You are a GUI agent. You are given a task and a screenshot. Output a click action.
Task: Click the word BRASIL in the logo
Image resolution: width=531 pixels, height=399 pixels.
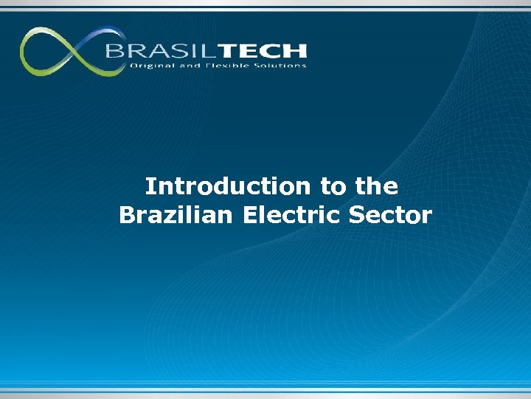click(152, 51)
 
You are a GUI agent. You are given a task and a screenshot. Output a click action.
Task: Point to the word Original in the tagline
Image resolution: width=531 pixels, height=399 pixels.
click(149, 66)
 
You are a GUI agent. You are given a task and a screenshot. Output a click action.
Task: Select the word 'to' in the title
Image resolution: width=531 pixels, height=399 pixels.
click(332, 186)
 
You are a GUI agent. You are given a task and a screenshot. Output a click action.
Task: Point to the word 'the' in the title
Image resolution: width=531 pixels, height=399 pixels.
click(375, 185)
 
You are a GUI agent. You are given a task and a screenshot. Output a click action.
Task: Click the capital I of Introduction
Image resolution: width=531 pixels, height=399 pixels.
click(148, 185)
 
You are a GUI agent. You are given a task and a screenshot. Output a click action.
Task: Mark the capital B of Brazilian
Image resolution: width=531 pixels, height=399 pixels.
click(126, 215)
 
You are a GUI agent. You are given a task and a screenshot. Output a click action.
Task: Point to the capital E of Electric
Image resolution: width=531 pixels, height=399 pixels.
click(250, 215)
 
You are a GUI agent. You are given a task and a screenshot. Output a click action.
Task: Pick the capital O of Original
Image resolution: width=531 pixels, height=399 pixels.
click(133, 66)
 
